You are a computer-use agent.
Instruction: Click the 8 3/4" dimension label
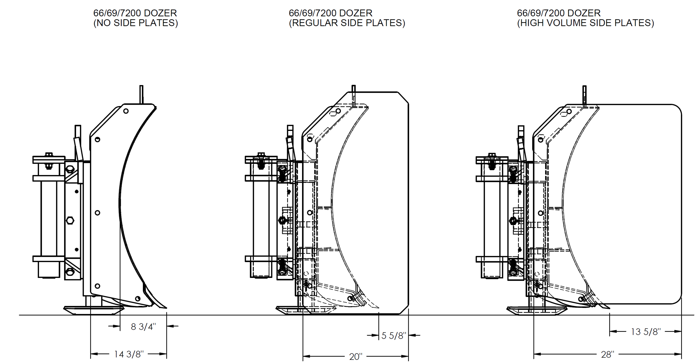pyautogui.click(x=143, y=327)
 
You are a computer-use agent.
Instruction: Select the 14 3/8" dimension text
pyautogui.click(x=128, y=354)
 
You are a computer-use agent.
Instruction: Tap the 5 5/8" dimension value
pyautogui.click(x=394, y=336)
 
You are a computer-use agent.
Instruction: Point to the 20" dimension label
pyautogui.click(x=356, y=356)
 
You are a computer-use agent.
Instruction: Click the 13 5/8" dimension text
pyautogui.click(x=646, y=332)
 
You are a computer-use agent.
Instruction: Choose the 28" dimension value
pyautogui.click(x=607, y=355)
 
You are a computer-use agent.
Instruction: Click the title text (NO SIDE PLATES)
pyautogui.click(x=136, y=23)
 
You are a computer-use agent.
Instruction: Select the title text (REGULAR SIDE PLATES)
pyautogui.click(x=347, y=23)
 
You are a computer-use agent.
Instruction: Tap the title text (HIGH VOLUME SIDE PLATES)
pyautogui.click(x=585, y=23)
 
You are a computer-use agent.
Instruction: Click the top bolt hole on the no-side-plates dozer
pyautogui.click(x=126, y=111)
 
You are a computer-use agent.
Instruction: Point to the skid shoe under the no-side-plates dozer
pyautogui.click(x=94, y=310)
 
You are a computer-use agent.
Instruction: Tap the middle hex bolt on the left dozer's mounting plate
pyautogui.click(x=70, y=220)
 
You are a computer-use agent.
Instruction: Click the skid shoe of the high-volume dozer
pyautogui.click(x=537, y=311)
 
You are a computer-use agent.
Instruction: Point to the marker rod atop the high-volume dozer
pyautogui.click(x=584, y=95)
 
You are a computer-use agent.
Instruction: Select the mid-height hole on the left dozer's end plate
pyautogui.click(x=97, y=213)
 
